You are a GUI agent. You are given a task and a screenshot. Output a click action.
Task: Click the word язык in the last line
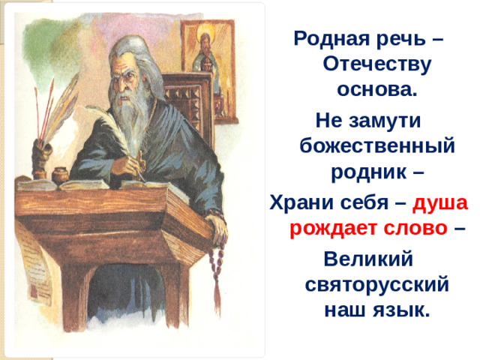[x=403, y=310]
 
